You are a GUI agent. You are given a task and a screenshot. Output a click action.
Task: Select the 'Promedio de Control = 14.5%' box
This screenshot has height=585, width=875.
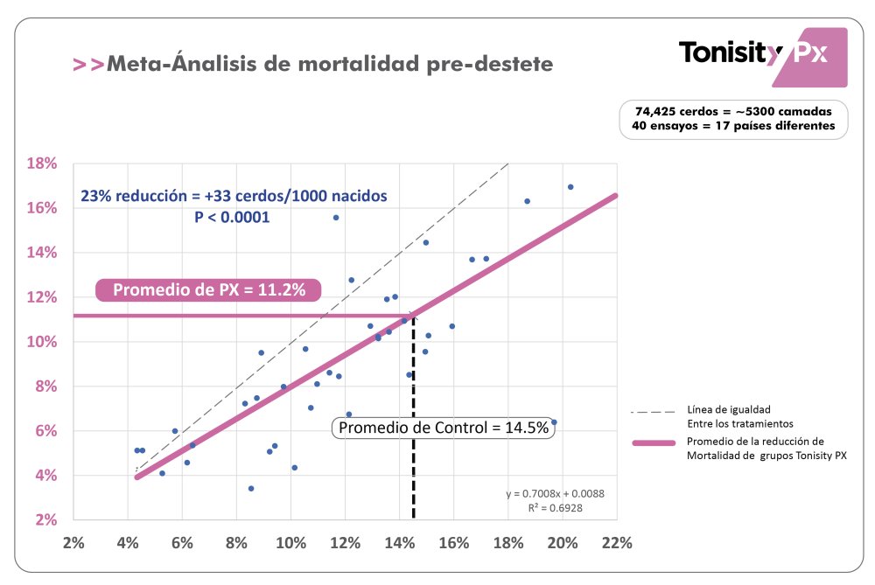coord(444,428)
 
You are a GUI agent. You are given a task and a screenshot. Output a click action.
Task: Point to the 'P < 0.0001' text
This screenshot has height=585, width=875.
coord(232,216)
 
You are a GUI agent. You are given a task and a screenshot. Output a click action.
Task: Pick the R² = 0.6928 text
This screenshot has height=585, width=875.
coord(568,508)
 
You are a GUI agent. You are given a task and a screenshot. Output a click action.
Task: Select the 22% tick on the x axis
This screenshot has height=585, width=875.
coord(617,542)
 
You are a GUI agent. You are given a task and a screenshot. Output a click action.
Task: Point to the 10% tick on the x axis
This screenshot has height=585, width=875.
coord(290,542)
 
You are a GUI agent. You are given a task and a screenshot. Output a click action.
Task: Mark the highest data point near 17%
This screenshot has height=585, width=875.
coord(570,187)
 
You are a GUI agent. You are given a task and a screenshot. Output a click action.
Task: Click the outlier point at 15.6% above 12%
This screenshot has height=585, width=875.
coord(336,218)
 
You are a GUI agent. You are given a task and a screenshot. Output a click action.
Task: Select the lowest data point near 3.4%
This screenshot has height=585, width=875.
coord(251,488)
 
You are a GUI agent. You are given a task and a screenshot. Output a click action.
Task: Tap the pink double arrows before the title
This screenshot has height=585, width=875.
coord(87,65)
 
